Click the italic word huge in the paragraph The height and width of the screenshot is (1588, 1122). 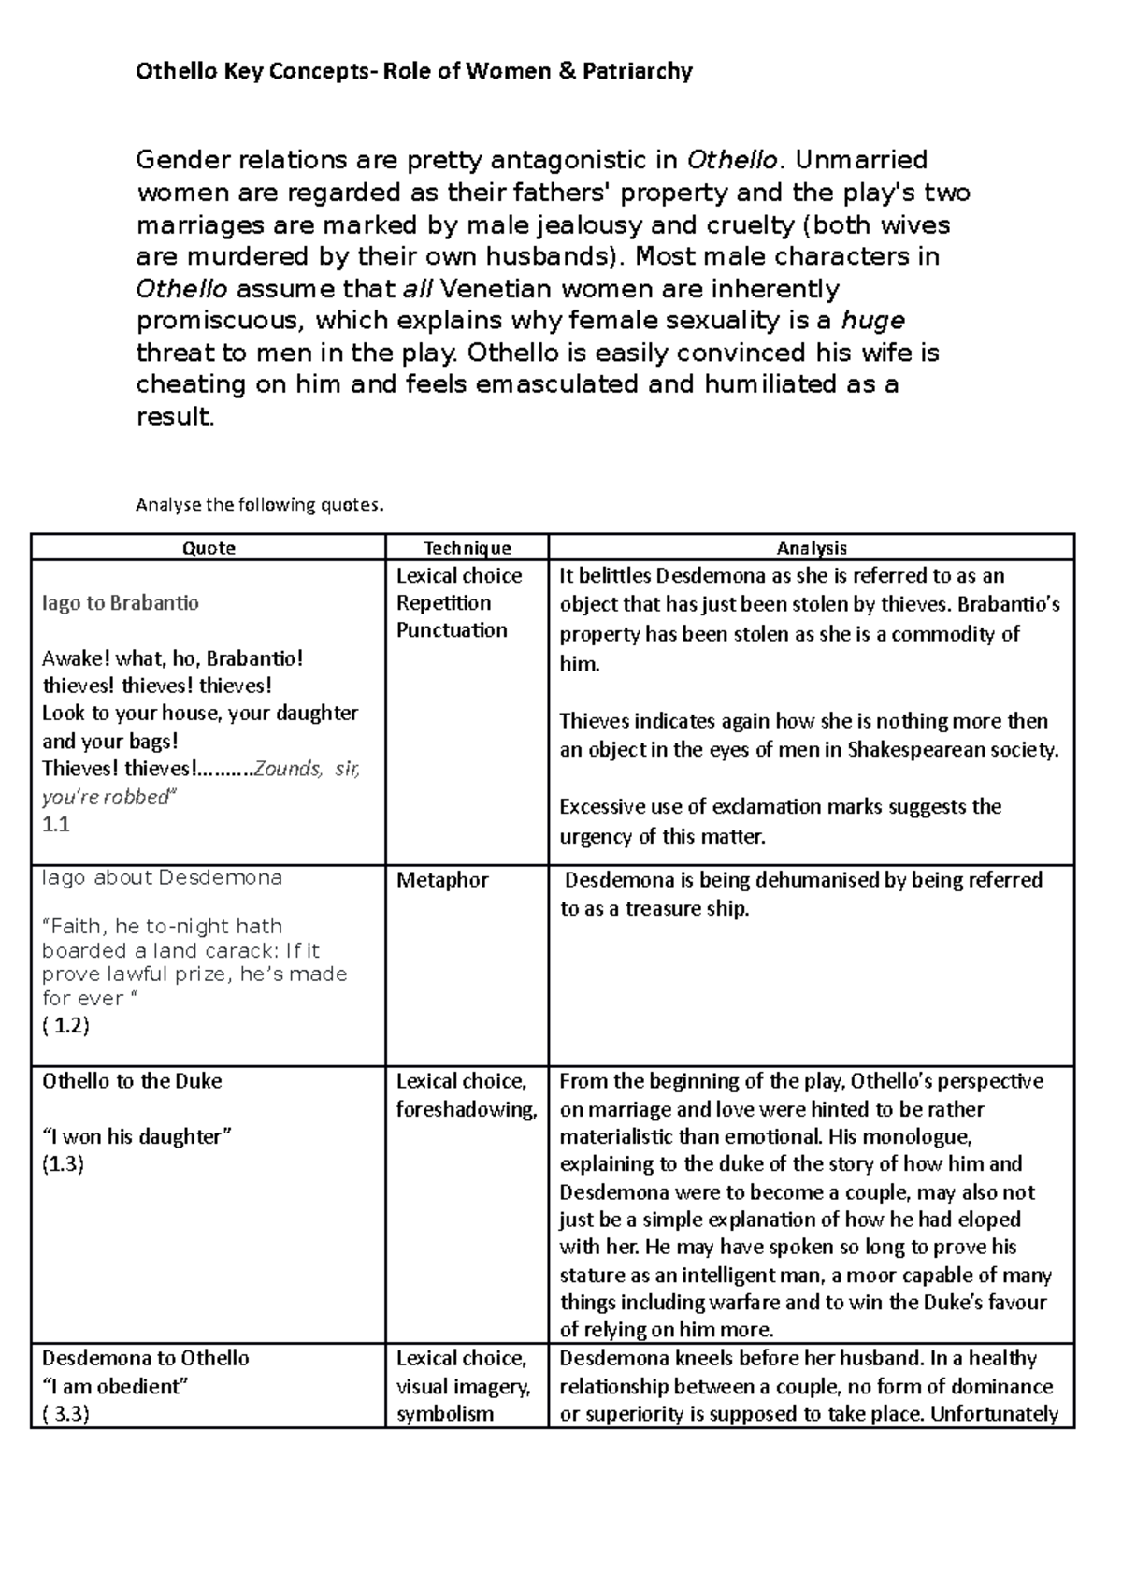(x=872, y=321)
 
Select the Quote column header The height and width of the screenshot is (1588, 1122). (x=209, y=548)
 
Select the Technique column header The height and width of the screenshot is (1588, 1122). (x=467, y=548)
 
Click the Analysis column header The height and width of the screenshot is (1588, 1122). (x=811, y=548)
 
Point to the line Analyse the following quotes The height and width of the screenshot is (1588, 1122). (x=260, y=506)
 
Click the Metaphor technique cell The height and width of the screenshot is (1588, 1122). (x=442, y=880)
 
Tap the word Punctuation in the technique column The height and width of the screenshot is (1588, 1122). (x=452, y=630)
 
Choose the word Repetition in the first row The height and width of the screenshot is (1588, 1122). (x=443, y=603)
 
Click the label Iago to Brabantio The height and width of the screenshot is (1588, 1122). (x=121, y=603)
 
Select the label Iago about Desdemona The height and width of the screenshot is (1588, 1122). (x=162, y=878)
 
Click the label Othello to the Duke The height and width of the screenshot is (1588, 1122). (x=132, y=1081)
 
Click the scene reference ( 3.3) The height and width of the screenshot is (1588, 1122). (x=65, y=1414)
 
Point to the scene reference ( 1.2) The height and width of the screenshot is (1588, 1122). (x=65, y=1025)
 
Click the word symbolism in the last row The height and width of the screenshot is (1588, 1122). (x=444, y=1414)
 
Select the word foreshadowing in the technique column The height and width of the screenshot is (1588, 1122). (x=465, y=1109)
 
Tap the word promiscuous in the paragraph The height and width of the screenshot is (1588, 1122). (x=220, y=321)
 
